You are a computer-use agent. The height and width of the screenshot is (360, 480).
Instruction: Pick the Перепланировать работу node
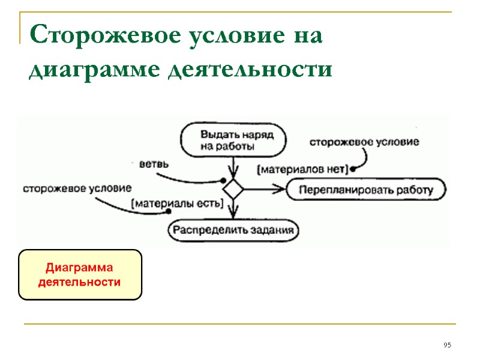367,190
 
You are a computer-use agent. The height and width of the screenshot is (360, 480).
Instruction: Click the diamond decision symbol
233,189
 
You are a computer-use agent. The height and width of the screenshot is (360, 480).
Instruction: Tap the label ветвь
154,164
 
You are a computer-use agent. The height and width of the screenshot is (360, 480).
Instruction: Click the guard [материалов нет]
302,170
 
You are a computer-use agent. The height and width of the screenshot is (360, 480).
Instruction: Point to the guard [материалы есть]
177,203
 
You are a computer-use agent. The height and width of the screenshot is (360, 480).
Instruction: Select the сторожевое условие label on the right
364,142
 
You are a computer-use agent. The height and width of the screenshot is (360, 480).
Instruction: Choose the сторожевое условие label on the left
77,188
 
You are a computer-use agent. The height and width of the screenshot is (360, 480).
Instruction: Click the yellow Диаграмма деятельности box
80,275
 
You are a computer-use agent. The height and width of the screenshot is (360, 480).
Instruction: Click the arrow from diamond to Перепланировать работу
264,189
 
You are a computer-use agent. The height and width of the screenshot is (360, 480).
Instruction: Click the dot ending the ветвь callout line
223,181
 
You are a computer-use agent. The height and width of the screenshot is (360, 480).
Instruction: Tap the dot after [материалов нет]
353,170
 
